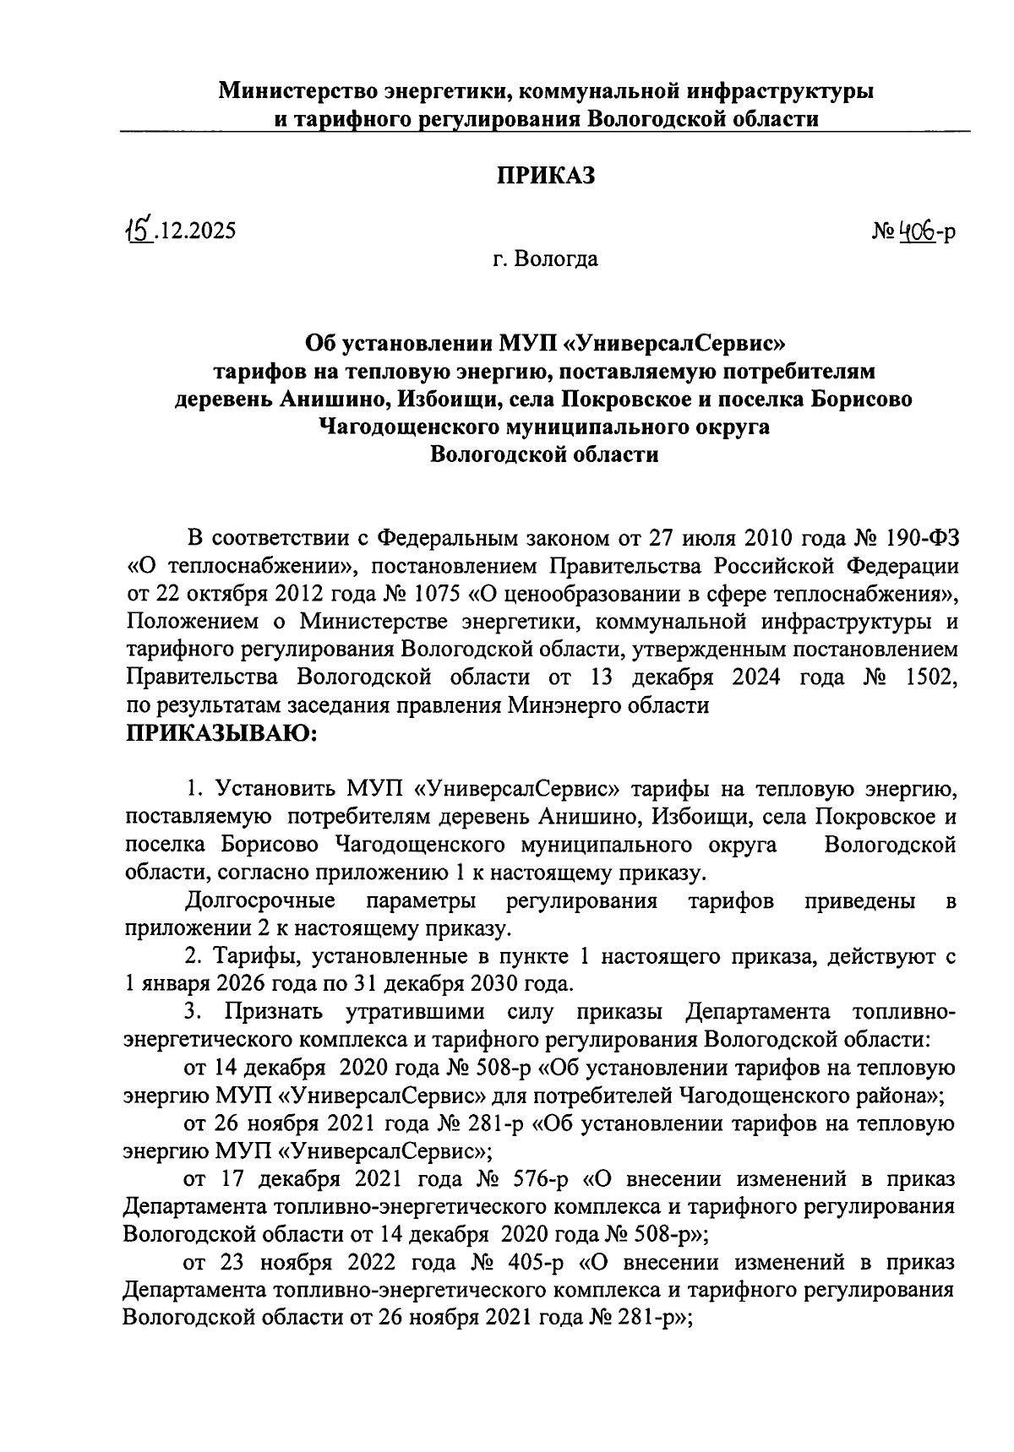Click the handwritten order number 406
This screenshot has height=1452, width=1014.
[915, 230]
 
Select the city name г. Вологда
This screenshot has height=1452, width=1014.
[545, 258]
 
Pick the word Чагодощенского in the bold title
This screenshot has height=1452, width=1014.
[405, 427]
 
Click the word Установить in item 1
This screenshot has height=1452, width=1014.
[276, 789]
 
